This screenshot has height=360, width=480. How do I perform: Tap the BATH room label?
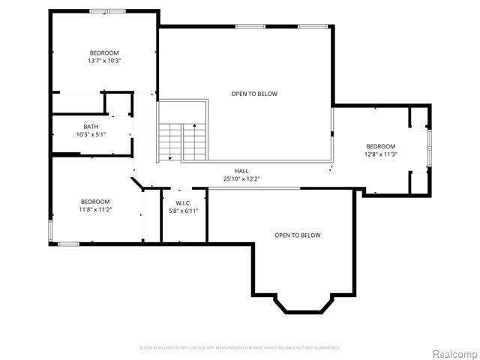point(91,127)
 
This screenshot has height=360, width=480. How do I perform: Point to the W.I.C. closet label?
point(184,203)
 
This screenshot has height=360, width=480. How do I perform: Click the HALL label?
point(241,171)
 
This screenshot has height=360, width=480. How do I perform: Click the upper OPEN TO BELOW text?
point(253,94)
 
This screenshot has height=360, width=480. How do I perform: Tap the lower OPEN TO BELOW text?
point(297,235)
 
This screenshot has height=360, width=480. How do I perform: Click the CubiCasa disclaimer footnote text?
point(240,348)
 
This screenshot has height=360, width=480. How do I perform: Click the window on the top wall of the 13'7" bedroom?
point(107,11)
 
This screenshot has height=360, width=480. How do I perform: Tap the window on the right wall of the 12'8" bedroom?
point(429,148)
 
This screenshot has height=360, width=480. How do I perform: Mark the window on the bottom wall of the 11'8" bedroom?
point(69,244)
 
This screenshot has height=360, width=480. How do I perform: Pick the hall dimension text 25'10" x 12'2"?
point(241,178)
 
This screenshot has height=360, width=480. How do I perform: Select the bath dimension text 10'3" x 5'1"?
point(91,135)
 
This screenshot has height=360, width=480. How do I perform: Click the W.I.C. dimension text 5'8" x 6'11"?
point(184,211)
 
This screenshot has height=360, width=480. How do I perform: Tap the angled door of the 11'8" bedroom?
point(139,183)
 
